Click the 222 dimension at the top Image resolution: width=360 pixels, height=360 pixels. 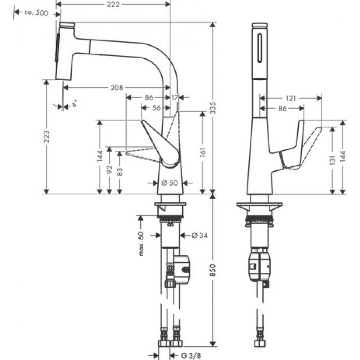[x=113, y=4]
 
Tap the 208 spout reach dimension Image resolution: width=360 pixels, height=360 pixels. [x=117, y=87]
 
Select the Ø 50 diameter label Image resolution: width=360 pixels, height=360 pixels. [x=170, y=183]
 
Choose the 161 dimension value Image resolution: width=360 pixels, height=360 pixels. [x=203, y=152]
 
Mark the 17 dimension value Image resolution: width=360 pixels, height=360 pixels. [x=174, y=97]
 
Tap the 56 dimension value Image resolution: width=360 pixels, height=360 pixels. [x=156, y=108]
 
